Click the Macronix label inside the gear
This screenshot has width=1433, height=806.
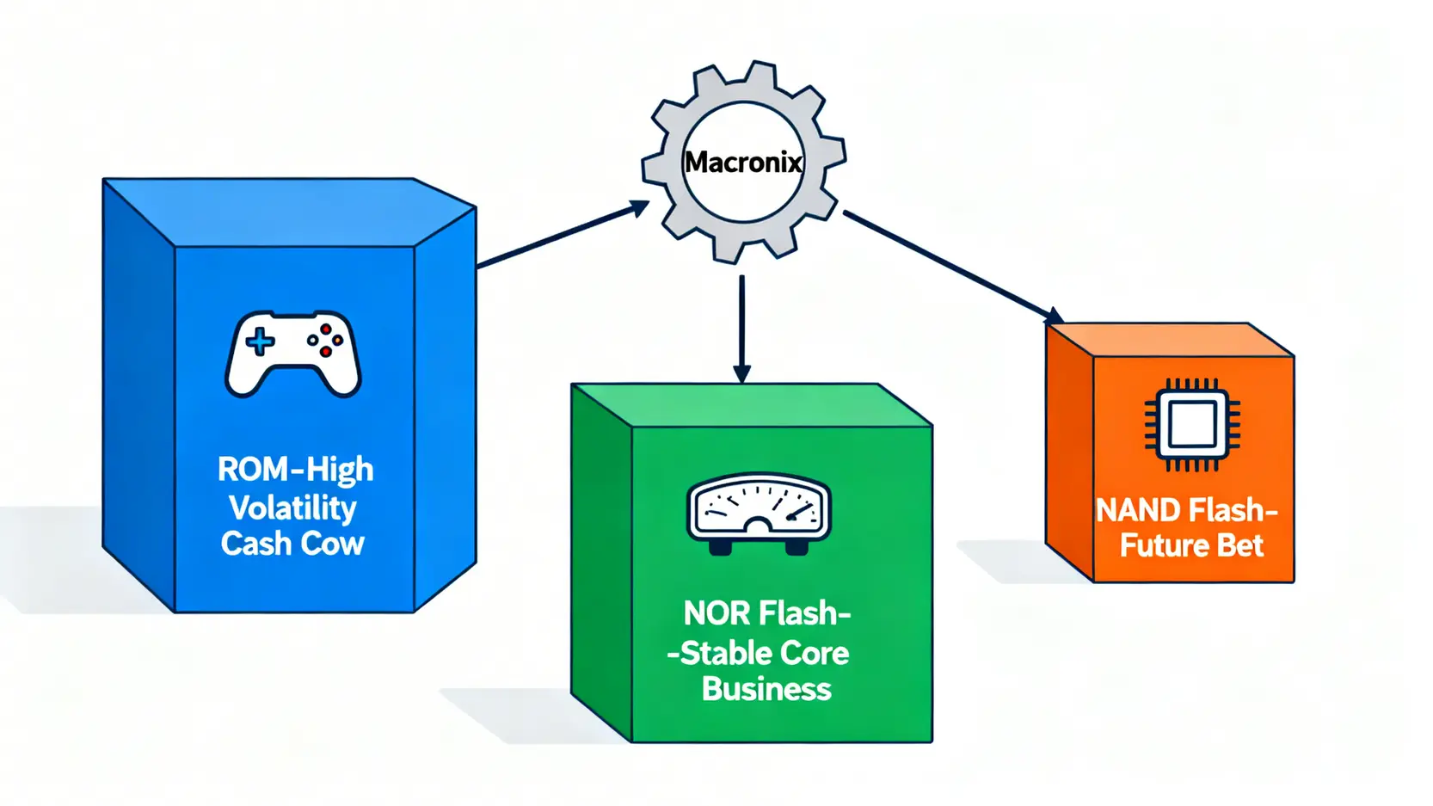743,162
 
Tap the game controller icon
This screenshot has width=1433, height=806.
293,354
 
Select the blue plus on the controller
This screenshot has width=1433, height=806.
260,341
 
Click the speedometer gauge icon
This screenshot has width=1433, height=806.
758,512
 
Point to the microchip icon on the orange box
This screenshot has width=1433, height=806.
1191,425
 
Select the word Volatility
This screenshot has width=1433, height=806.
292,508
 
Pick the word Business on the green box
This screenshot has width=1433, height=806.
766,689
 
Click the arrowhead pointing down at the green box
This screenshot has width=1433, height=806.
741,373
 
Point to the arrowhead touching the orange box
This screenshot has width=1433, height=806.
1053,316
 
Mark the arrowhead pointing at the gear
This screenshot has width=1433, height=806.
638,207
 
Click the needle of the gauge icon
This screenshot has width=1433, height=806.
801,513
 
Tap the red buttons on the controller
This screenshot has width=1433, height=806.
326,341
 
